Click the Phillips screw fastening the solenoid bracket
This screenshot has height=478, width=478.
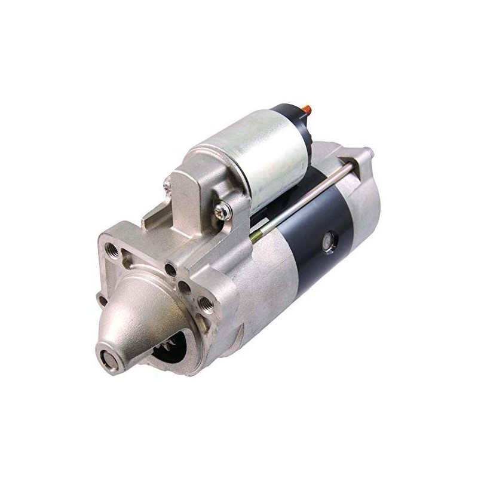(x=222, y=210)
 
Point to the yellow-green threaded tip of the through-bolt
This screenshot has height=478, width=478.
(x=255, y=237)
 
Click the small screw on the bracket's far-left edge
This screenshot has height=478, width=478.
(x=167, y=186)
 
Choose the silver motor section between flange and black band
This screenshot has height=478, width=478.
(x=269, y=281)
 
